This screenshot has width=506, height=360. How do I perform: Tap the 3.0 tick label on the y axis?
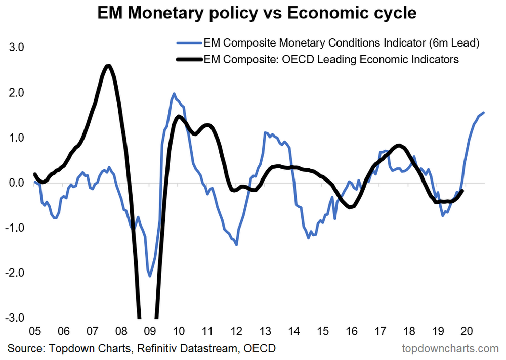click(x=19, y=48)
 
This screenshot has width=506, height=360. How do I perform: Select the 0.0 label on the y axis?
click(x=19, y=183)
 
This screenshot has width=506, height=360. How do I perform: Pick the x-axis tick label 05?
click(x=34, y=332)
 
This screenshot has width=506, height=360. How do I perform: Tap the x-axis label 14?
click(x=294, y=332)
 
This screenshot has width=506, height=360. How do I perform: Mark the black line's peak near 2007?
click(x=108, y=66)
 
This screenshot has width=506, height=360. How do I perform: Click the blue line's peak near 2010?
click(x=174, y=94)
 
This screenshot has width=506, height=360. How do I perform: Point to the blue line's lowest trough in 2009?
click(x=150, y=276)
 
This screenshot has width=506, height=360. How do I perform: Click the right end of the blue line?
click(x=484, y=113)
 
